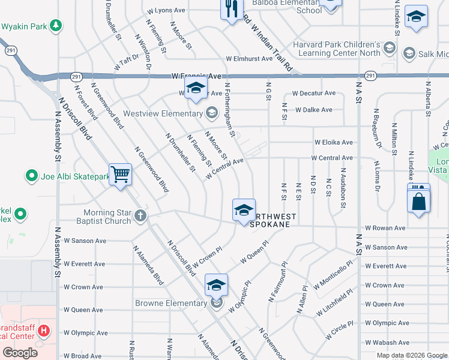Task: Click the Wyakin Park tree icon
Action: (56, 25)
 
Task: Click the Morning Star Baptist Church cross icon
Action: (140, 215)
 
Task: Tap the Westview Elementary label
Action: (162, 113)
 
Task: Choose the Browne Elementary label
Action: (170, 303)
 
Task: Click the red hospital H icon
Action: (43, 331)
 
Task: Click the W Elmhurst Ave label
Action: (249, 59)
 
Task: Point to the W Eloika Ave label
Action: (333, 142)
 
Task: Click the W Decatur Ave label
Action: (313, 93)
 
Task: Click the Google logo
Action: (20, 353)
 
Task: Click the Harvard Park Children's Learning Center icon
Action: (389, 47)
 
